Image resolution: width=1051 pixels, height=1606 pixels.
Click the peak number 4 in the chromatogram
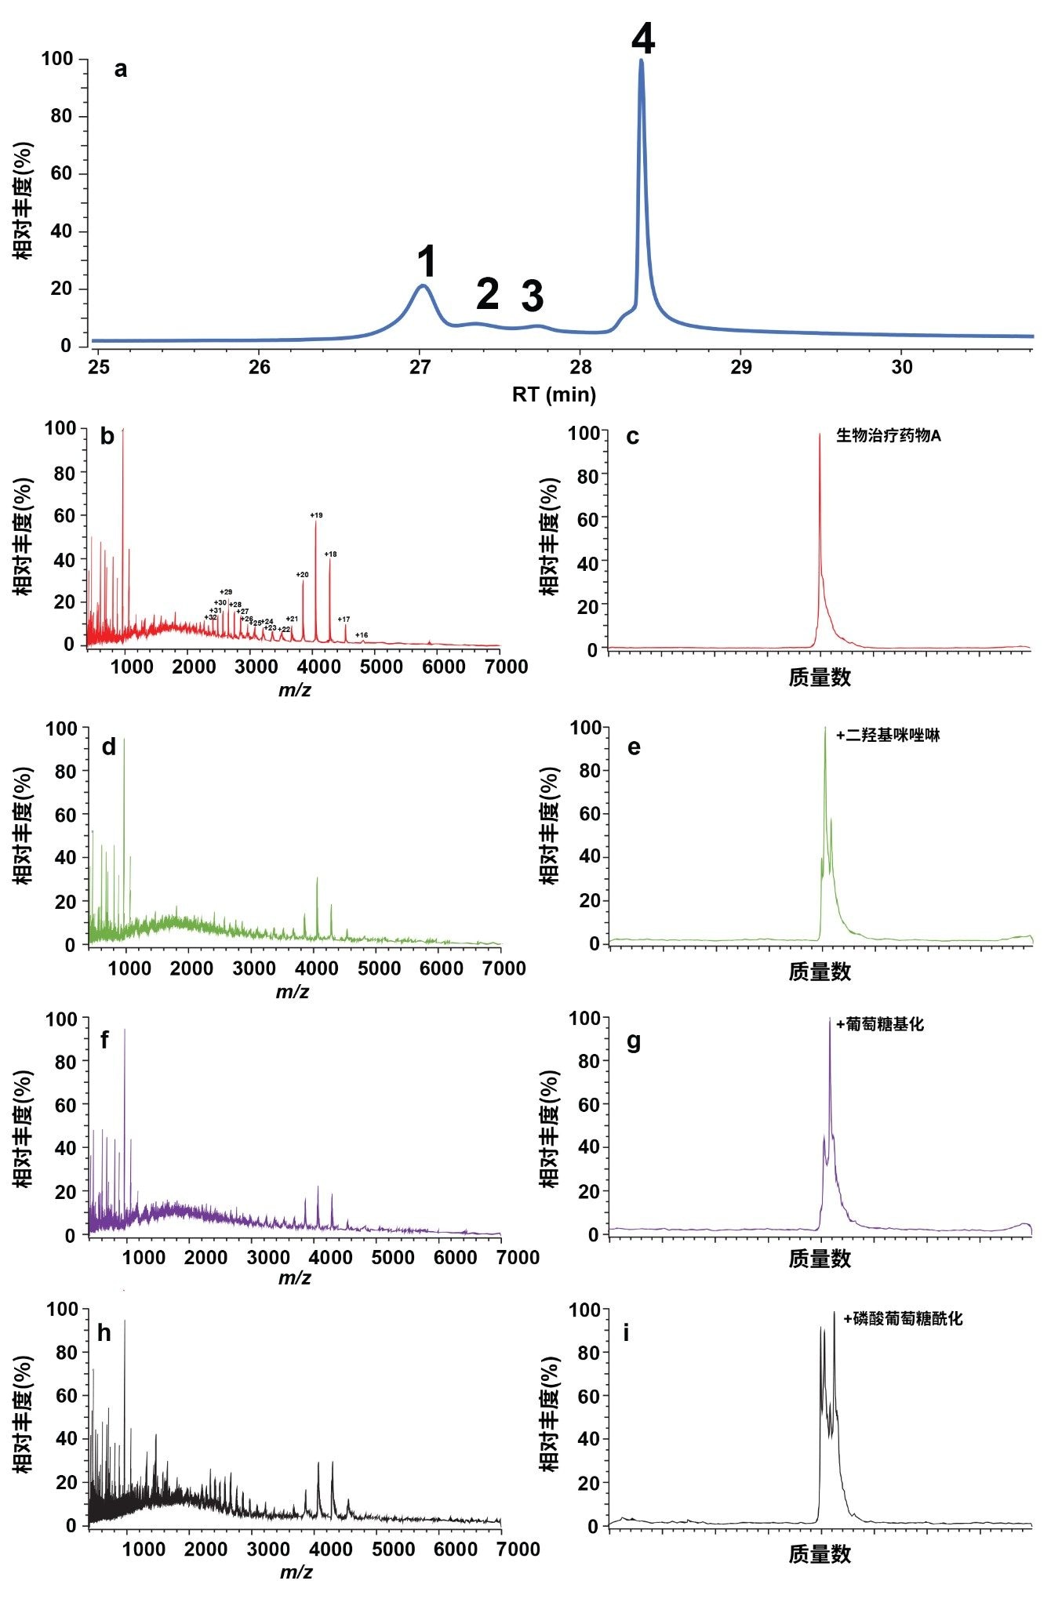(643, 38)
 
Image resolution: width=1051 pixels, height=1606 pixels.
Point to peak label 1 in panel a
(426, 261)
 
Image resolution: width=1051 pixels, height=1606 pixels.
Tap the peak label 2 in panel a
(487, 294)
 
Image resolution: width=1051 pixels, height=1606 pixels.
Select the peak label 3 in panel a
(533, 296)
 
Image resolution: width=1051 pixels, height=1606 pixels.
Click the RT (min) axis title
(554, 394)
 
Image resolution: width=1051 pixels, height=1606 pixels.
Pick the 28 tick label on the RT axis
(580, 367)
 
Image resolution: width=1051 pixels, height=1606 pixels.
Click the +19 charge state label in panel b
(316, 515)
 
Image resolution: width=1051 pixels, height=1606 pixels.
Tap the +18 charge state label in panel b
(330, 554)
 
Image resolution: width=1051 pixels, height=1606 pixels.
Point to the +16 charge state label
(362, 635)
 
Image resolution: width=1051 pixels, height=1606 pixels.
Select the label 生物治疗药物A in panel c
(888, 435)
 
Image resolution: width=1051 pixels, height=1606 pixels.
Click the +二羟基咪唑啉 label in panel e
(888, 736)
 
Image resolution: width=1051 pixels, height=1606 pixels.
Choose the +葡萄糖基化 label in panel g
(880, 1024)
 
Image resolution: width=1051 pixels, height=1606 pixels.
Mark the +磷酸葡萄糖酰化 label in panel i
(903, 1319)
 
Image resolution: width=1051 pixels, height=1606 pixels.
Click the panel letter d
(109, 747)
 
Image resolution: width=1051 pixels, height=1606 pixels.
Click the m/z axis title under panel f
(295, 1278)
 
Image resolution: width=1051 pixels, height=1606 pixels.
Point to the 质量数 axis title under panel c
(820, 678)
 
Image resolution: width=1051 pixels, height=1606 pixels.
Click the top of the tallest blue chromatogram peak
(642, 60)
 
